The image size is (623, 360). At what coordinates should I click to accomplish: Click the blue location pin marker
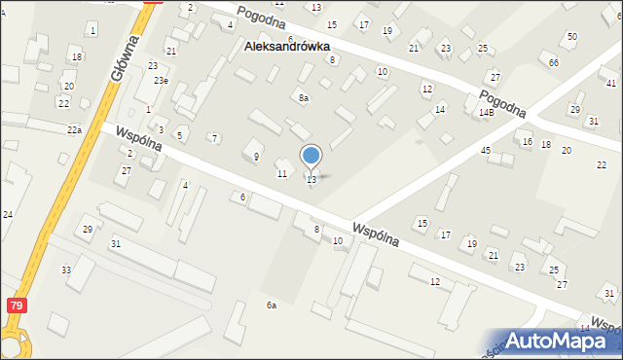click(311, 157)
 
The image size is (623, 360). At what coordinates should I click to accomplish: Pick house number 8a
click(304, 97)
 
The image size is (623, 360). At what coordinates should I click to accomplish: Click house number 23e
click(159, 81)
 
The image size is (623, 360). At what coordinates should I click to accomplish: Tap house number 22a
click(74, 129)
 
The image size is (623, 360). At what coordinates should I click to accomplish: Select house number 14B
click(486, 113)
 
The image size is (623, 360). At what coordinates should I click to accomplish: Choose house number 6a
click(272, 306)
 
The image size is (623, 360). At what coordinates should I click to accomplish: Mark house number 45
click(485, 150)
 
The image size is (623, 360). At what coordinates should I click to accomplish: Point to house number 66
click(553, 62)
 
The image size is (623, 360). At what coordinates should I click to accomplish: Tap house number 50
click(571, 36)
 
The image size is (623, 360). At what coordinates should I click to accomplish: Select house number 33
click(66, 270)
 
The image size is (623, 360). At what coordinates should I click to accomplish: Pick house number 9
click(256, 156)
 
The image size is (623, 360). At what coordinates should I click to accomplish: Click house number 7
click(214, 138)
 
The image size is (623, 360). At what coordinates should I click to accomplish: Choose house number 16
click(527, 142)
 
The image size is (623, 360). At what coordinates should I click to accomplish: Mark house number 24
click(7, 214)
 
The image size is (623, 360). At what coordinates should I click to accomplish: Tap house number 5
click(179, 134)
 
